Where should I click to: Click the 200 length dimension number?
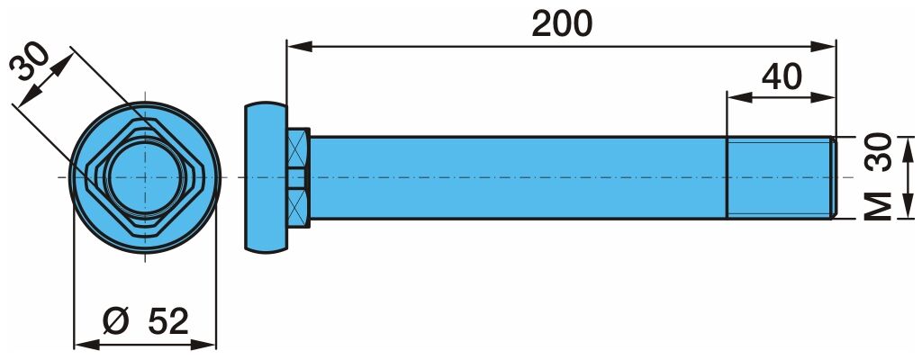pyautogui.click(x=562, y=24)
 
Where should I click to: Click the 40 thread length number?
pyautogui.click(x=782, y=77)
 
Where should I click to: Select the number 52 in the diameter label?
pyautogui.click(x=167, y=321)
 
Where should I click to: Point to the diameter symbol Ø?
pyautogui.click(x=116, y=321)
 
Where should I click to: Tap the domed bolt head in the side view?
pyautogui.click(x=267, y=177)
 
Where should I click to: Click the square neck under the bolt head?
pyautogui.click(x=299, y=177)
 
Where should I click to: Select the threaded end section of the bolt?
pyautogui.click(x=781, y=177)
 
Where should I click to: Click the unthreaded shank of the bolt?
pyautogui.click(x=518, y=177)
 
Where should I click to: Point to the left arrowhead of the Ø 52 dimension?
pyautogui.click(x=86, y=345)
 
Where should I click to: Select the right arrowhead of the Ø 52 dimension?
pyautogui.click(x=204, y=345)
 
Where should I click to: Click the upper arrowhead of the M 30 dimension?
pyautogui.click(x=908, y=148)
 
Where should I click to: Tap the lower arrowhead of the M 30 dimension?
pyautogui.click(x=908, y=207)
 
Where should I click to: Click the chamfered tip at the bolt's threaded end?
pyautogui.click(x=833, y=177)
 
